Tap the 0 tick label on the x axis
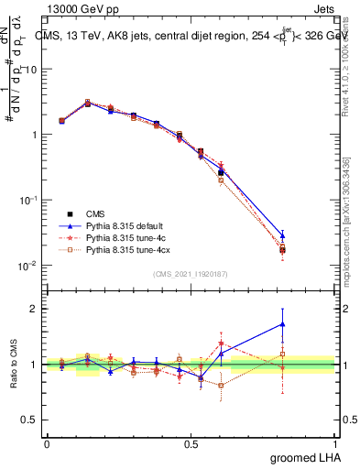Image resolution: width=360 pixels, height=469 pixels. coord(47,442)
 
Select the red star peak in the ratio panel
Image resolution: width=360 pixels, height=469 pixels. coord(221,344)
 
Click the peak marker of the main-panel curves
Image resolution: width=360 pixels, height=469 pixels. coord(88,103)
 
